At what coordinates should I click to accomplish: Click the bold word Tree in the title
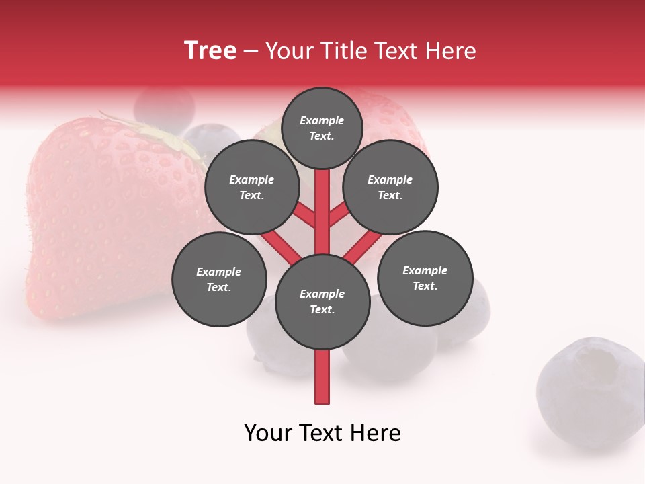[210, 50]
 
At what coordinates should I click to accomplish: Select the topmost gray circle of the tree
[322, 128]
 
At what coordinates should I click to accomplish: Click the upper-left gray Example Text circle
[252, 187]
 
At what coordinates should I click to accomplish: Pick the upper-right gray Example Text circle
[390, 187]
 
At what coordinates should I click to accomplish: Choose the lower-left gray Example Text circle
[219, 279]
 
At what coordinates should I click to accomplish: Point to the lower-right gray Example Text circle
[425, 278]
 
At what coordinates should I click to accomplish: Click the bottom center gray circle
[322, 302]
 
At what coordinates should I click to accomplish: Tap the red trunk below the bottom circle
[322, 376]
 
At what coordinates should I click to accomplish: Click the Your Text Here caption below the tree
[322, 433]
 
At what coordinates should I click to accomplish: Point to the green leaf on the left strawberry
[168, 134]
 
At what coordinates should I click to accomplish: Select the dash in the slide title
[251, 52]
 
